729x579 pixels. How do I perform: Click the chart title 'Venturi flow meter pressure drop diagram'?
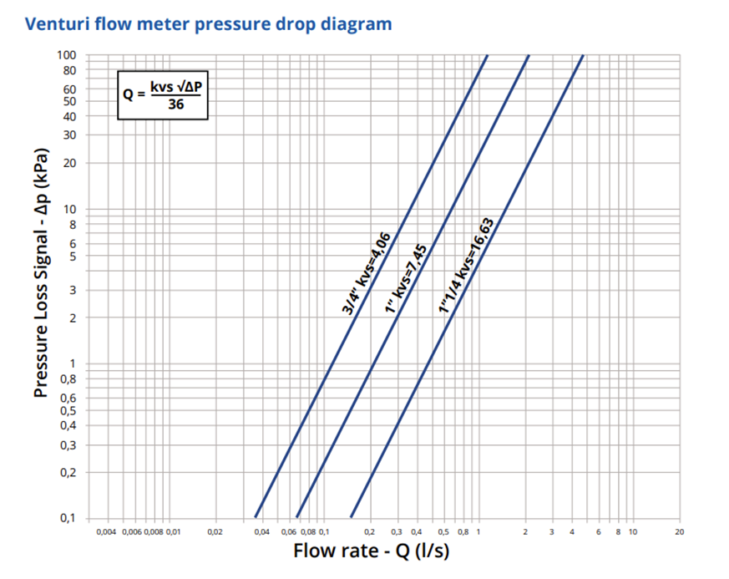click(x=209, y=23)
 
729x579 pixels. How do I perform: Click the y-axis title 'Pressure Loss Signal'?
click(x=41, y=273)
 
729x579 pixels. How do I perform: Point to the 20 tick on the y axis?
click(x=70, y=163)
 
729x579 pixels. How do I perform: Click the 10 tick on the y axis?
click(x=70, y=210)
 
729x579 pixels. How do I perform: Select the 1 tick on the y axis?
click(x=73, y=363)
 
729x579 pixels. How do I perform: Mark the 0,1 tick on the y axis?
click(x=68, y=518)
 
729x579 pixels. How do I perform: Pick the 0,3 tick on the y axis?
click(x=68, y=444)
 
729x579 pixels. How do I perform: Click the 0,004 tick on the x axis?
click(x=107, y=531)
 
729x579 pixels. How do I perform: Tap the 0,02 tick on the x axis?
click(x=215, y=531)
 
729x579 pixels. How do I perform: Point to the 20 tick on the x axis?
click(x=679, y=531)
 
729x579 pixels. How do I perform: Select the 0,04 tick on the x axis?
click(x=261, y=531)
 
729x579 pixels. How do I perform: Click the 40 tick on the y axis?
click(x=70, y=117)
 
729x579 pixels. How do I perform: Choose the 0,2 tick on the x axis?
click(x=370, y=531)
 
